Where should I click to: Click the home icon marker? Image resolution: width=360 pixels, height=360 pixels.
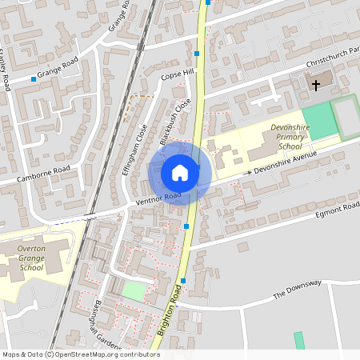point(179,173)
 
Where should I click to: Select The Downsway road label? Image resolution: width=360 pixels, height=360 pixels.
point(297,289)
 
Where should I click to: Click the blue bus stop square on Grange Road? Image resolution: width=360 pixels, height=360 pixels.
point(34,78)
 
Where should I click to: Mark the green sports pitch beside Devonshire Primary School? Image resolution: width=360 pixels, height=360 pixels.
point(319,121)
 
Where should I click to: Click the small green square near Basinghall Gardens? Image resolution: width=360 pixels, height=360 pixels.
point(134,291)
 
